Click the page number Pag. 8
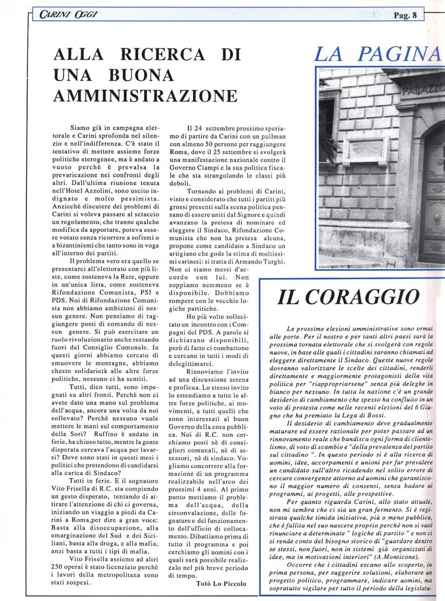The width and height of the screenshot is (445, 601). coord(405,16)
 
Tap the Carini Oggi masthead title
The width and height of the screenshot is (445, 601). coord(68,14)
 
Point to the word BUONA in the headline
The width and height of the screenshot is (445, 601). coord(143,75)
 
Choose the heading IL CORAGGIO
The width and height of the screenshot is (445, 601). coord(348,297)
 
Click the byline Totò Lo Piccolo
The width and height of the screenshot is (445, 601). coord(222,583)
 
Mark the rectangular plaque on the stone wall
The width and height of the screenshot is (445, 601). coord(366,150)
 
